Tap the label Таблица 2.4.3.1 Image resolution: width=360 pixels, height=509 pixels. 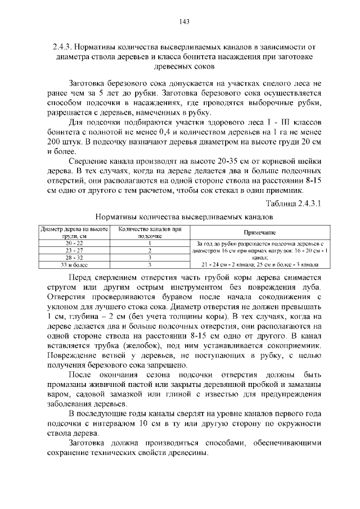(292, 202)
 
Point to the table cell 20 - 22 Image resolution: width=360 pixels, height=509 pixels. (74, 243)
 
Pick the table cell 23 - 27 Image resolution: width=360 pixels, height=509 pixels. (74, 250)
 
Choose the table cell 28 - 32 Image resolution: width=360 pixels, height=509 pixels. (74, 256)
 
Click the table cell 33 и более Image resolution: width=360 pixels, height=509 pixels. (74, 263)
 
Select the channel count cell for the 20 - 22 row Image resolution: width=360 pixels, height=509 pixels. (150, 243)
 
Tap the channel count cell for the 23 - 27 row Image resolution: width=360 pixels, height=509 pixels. (150, 250)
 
